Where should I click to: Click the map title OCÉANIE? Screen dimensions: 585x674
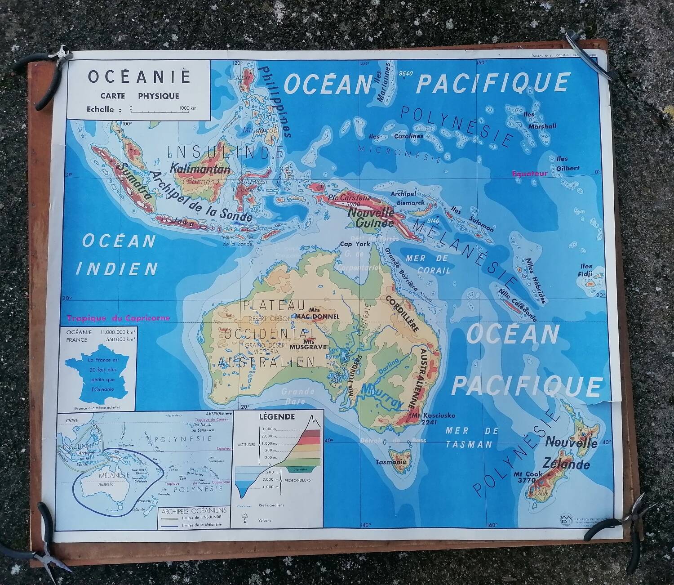[139, 76]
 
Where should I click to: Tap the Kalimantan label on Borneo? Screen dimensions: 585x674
[200, 170]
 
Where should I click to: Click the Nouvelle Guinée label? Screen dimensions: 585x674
[371, 217]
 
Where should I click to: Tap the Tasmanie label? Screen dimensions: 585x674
[391, 462]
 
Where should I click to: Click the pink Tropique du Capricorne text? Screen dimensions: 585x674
[118, 318]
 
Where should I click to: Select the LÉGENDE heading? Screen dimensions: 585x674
[277, 417]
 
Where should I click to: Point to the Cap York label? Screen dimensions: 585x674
[355, 244]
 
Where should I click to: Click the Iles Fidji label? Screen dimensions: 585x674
[586, 270]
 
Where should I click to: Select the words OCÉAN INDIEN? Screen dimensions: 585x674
[118, 255]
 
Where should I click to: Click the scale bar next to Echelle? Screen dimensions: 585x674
[163, 109]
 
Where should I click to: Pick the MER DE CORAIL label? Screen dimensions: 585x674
[427, 264]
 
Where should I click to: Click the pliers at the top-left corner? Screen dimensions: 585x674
[52, 76]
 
